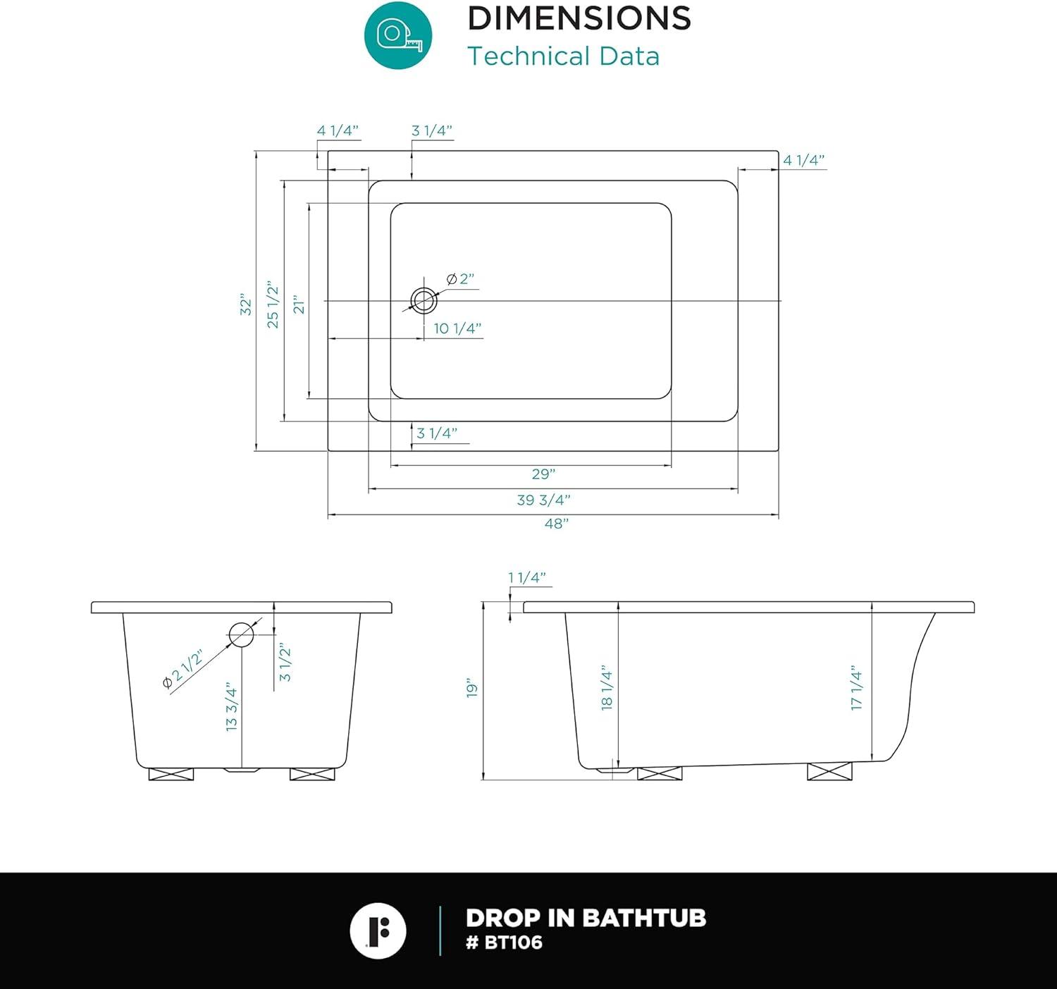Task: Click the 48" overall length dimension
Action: pos(556,524)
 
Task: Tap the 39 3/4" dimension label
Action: pos(543,500)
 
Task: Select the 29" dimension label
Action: pos(543,474)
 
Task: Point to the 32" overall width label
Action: pos(245,304)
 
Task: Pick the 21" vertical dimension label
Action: pos(299,304)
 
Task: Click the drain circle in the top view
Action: pos(424,301)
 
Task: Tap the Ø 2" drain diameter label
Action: pos(461,279)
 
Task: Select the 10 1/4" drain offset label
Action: pos(457,328)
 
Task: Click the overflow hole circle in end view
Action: pos(241,634)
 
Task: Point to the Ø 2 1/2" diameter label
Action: pos(183,669)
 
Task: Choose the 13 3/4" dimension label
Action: pos(232,706)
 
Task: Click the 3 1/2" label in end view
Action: pos(285,662)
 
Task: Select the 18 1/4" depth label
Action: pos(607,687)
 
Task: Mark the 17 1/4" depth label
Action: pos(856,687)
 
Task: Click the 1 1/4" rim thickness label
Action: pos(527,578)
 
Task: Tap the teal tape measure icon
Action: pos(398,35)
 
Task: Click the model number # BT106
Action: pos(504,942)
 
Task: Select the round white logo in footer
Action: pos(378,930)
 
